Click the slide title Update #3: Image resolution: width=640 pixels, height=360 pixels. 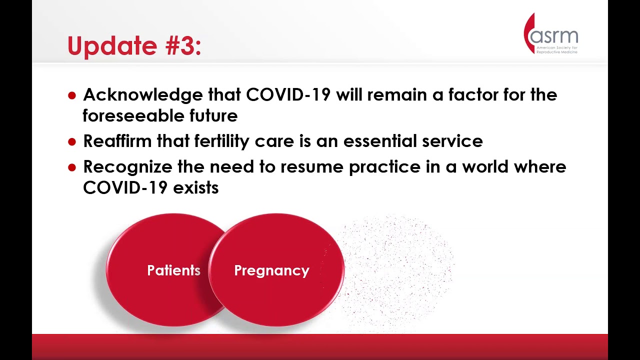(x=134, y=46)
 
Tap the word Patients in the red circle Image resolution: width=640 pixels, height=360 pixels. (x=173, y=270)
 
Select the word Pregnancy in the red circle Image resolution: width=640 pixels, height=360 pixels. (x=271, y=270)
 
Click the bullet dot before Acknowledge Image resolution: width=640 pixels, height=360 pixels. (x=72, y=95)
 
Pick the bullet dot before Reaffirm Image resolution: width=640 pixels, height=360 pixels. (x=72, y=142)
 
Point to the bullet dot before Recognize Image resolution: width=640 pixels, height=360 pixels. (x=72, y=167)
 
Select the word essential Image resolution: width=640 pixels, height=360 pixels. (x=380, y=141)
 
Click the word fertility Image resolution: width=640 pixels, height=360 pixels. (x=221, y=141)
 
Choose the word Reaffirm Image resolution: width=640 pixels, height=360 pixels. (x=117, y=141)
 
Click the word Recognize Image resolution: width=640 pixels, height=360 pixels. (x=127, y=167)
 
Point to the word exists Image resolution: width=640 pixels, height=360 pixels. (x=195, y=188)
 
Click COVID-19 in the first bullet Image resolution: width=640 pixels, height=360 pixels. (x=288, y=95)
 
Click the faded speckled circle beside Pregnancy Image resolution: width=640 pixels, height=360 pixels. (x=397, y=270)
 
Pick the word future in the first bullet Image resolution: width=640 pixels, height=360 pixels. (x=213, y=116)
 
